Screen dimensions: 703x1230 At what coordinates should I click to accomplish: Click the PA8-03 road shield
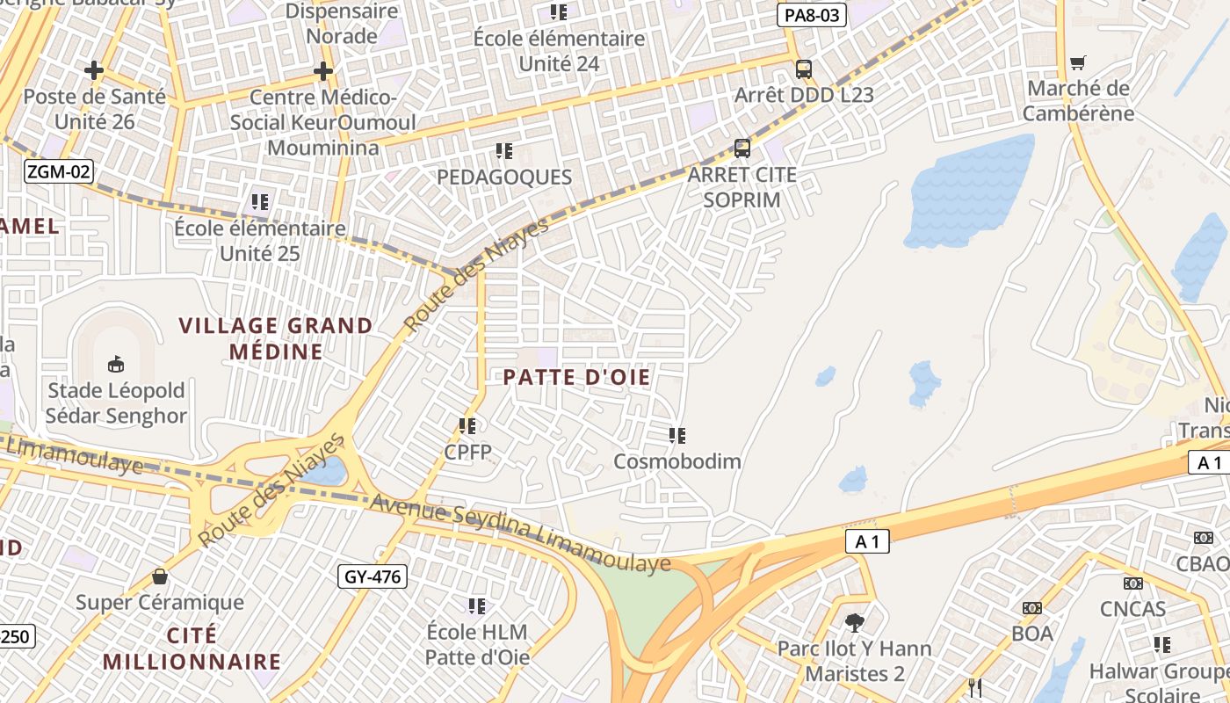pos(811,15)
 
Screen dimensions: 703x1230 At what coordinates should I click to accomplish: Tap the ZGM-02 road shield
pos(58,171)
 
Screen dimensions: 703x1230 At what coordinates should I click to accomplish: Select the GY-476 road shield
pos(373,577)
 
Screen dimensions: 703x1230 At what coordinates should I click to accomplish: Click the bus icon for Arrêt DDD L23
pos(803,69)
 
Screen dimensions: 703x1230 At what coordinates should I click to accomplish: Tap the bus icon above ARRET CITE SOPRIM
pos(742,149)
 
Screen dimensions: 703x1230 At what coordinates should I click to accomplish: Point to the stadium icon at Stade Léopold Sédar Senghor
pos(115,364)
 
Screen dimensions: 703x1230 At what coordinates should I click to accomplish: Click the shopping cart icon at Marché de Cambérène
pos(1078,62)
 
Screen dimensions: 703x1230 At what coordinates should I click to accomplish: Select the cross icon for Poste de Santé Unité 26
pos(94,70)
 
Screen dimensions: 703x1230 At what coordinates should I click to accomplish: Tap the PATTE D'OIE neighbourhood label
pos(577,378)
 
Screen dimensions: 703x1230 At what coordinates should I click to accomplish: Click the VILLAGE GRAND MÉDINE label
pos(276,338)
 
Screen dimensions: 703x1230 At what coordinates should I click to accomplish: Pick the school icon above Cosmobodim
pos(676,435)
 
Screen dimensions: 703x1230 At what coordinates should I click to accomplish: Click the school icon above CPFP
pos(467,426)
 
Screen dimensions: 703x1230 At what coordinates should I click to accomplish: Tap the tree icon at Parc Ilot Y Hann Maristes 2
pos(854,623)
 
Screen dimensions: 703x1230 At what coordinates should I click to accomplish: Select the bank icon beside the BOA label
pos(1031,607)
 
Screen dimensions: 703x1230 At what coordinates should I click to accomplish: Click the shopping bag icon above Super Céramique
pos(160,576)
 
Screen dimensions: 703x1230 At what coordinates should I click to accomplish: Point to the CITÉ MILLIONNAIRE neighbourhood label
pos(192,649)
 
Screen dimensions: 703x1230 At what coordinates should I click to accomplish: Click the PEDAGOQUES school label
pos(504,177)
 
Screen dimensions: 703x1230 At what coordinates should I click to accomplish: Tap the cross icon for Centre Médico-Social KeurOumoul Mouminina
pos(323,70)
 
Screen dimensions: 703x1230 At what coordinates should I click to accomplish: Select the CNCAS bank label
pos(1132,608)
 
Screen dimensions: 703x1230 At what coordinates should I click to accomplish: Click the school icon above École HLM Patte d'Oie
pos(477,605)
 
